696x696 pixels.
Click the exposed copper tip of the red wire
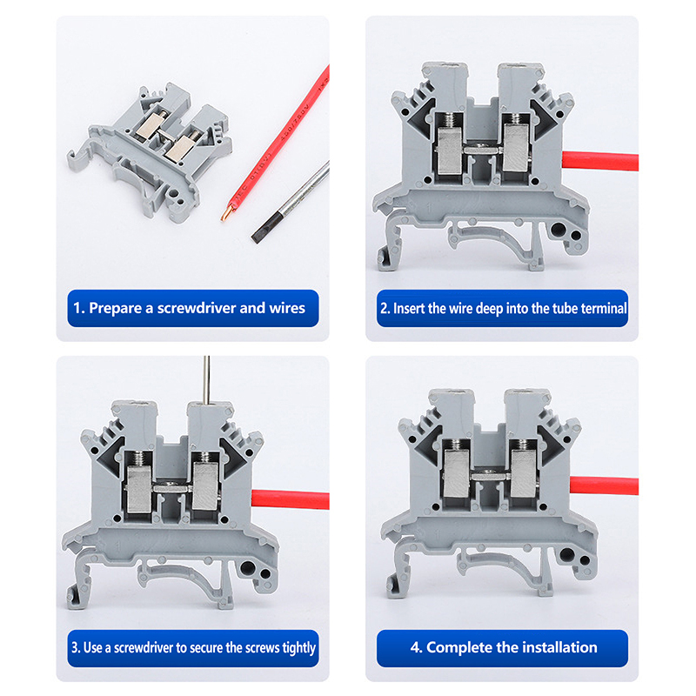tap(226, 213)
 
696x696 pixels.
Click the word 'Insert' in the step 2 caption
tap(409, 309)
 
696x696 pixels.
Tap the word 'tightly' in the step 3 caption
tap(298, 648)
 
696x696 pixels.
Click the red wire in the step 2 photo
tap(600, 161)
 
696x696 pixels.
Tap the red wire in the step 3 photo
tap(291, 499)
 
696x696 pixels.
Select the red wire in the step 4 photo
tap(604, 485)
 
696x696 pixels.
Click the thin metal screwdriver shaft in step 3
tap(206, 380)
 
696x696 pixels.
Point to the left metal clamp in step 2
tap(450, 149)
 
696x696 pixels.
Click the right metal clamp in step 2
tap(516, 147)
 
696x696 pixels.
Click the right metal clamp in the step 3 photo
tap(205, 485)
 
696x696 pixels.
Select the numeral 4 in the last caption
tap(415, 647)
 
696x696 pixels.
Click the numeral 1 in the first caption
tap(77, 309)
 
